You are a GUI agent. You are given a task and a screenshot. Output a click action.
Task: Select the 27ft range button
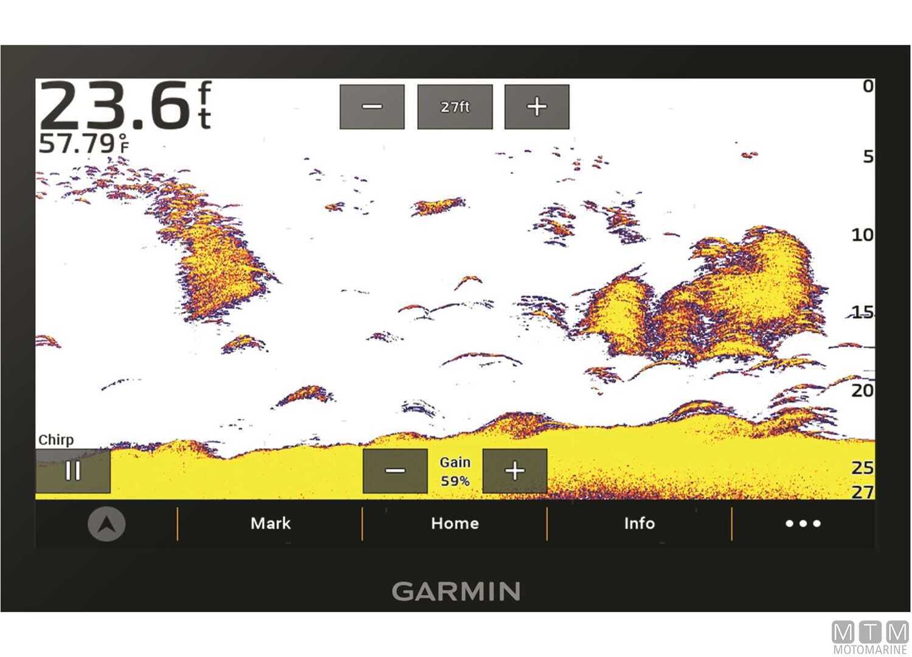(455, 107)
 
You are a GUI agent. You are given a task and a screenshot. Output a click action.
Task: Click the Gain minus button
(395, 471)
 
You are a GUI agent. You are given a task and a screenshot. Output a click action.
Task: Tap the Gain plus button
(514, 471)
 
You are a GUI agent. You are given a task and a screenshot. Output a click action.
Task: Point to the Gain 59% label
(455, 471)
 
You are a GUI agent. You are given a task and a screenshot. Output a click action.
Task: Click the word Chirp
(56, 440)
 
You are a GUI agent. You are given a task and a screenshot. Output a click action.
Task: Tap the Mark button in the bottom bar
(271, 523)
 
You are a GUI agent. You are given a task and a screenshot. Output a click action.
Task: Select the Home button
(455, 523)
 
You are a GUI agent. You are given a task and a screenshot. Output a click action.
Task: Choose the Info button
(639, 523)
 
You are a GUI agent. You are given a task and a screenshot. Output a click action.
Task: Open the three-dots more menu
(803, 523)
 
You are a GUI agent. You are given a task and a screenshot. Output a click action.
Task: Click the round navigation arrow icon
(106, 524)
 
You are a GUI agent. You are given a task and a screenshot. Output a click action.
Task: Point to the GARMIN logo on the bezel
(455, 591)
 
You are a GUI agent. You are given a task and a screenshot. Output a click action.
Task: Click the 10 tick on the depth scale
(862, 235)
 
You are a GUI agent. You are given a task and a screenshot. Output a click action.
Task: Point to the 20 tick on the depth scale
(862, 390)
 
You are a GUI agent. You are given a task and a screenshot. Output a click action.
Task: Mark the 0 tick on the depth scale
(868, 86)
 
